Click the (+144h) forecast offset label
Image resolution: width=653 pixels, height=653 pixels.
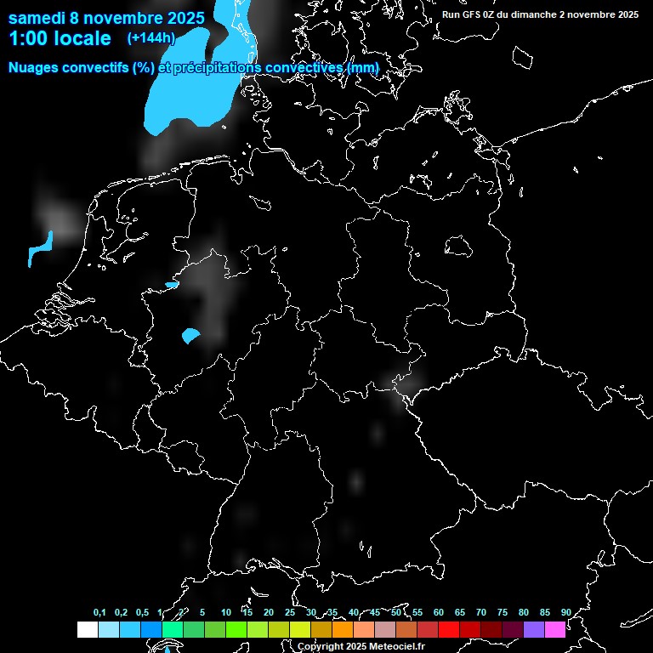click(150, 37)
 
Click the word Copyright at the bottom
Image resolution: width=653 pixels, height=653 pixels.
click(320, 647)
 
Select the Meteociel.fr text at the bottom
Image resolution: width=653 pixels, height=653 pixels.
click(397, 647)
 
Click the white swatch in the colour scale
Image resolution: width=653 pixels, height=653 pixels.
click(88, 630)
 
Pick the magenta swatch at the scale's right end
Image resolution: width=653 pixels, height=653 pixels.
click(555, 630)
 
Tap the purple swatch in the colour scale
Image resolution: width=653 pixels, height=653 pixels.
click(534, 630)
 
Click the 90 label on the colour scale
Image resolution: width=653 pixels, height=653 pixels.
click(565, 612)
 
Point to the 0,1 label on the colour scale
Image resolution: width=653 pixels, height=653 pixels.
click(99, 612)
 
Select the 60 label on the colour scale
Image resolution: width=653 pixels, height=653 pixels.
click(439, 612)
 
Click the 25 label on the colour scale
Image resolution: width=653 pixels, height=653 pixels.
click(290, 612)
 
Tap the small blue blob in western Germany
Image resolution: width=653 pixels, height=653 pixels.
click(190, 335)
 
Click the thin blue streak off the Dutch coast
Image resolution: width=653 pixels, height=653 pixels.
click(39, 247)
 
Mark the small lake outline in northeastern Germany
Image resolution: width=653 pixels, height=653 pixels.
click(459, 246)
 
